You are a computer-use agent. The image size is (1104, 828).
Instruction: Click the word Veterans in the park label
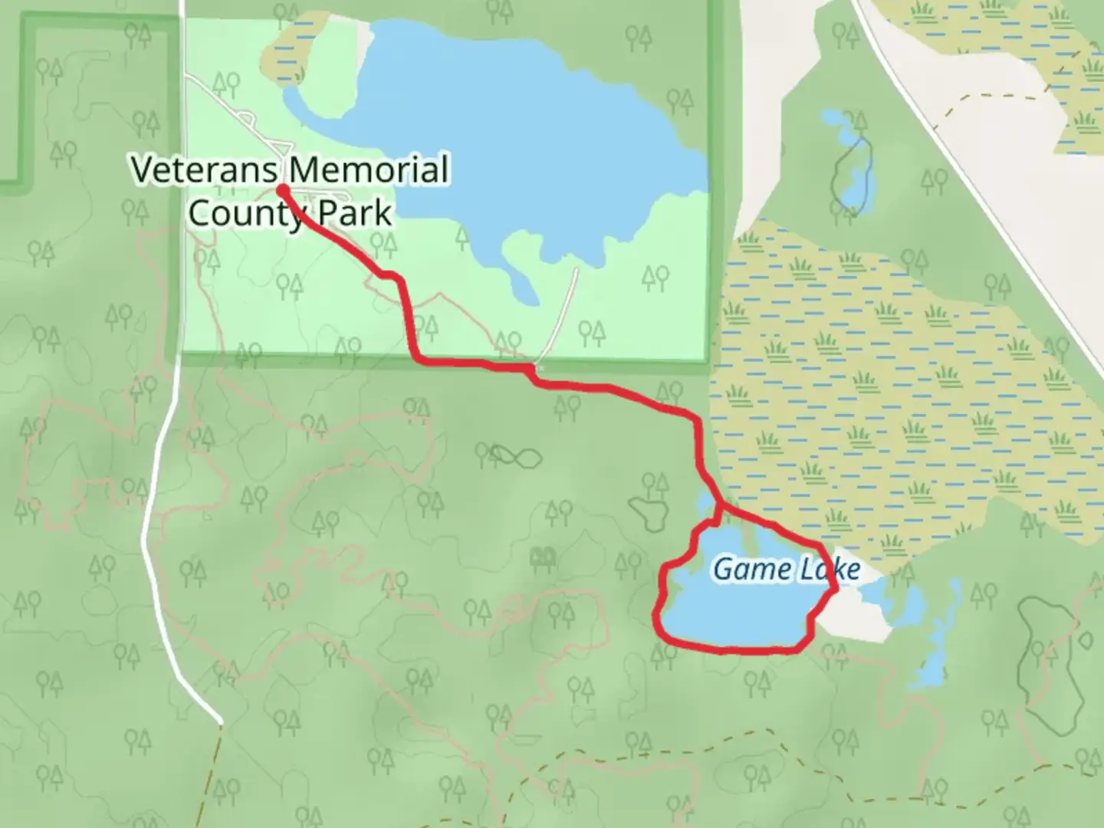[x=204, y=169]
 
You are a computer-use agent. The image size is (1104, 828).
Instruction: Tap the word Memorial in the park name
[x=369, y=169]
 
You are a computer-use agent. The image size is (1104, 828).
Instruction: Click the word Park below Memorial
[x=354, y=213]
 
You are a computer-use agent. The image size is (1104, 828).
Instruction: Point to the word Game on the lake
[x=741, y=569]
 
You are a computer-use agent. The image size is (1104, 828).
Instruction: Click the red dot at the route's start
[x=282, y=189]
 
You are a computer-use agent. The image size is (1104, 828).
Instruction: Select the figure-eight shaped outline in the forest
[x=515, y=457]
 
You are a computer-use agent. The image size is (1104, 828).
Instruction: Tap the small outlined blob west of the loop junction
[x=649, y=512]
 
